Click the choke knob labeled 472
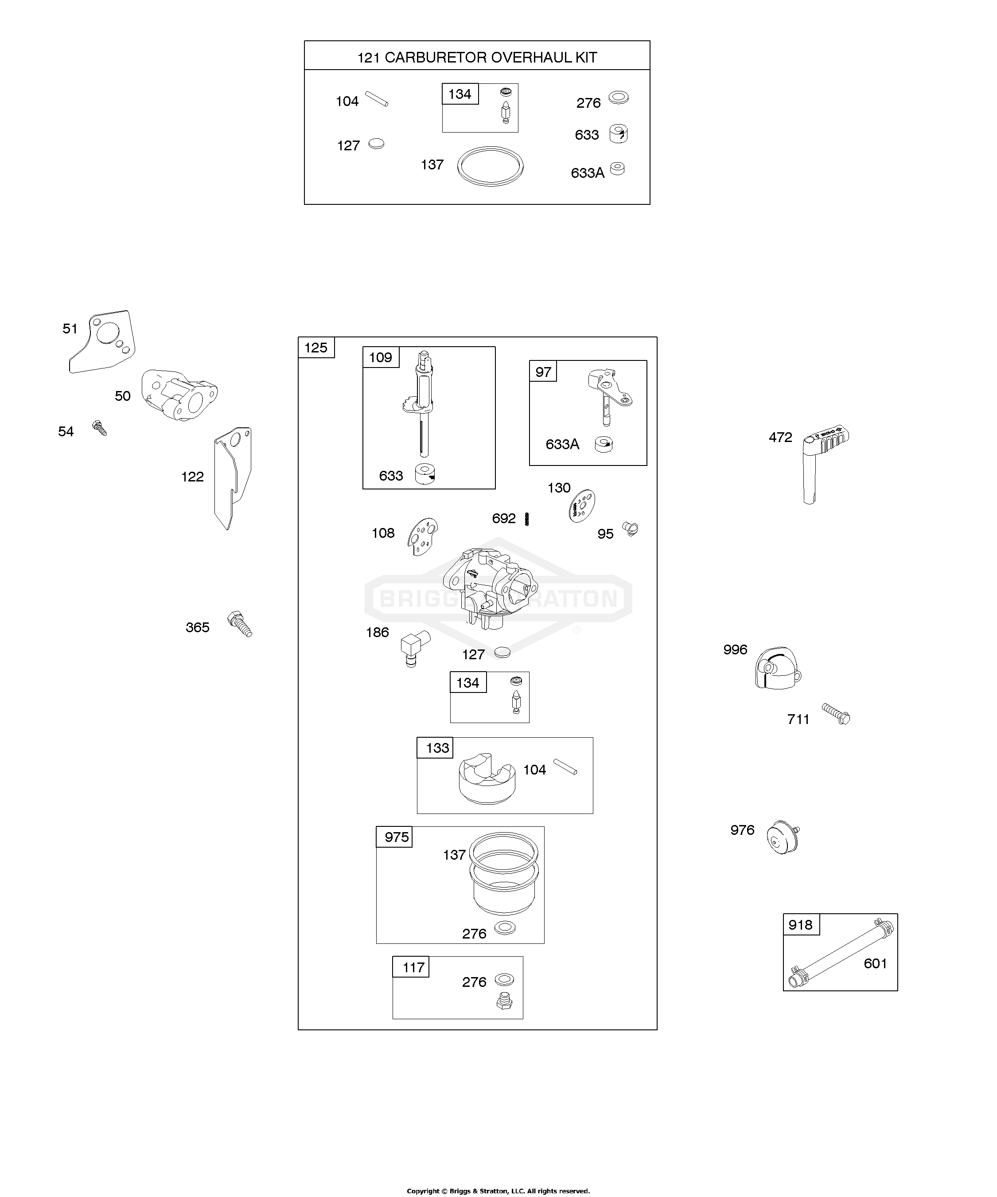coord(823,463)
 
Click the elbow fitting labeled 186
coord(415,649)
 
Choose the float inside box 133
coord(487,778)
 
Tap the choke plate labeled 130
coord(581,505)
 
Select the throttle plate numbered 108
coord(423,536)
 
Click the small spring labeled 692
coord(527,519)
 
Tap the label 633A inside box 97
coord(562,444)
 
